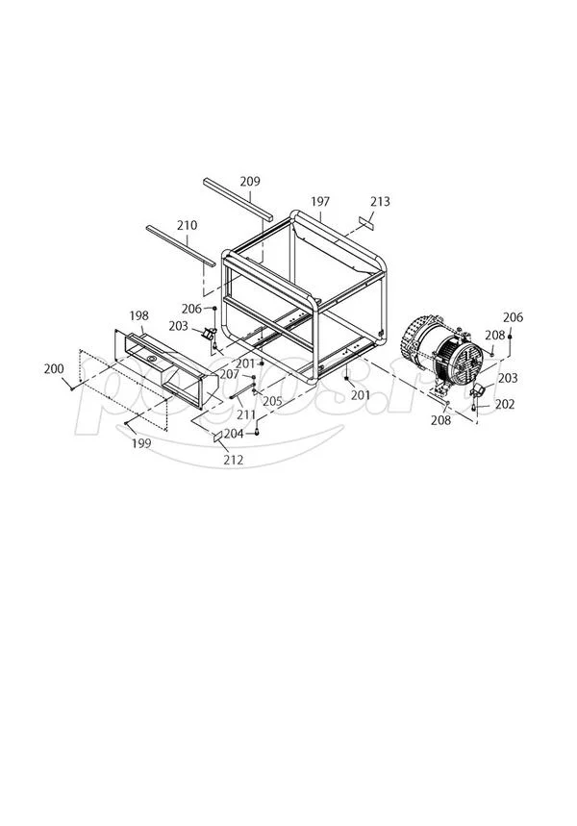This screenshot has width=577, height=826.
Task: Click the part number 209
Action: tap(250, 181)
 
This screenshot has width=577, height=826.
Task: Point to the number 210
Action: tap(187, 225)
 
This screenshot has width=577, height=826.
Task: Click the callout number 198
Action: tap(138, 315)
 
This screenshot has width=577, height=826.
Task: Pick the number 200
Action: tap(54, 369)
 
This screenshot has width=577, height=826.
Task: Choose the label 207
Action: tap(229, 374)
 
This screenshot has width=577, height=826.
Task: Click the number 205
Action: tap(272, 401)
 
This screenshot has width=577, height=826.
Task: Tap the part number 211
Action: tap(246, 414)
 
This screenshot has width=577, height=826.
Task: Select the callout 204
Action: tap(234, 433)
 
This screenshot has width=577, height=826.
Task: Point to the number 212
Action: tap(232, 460)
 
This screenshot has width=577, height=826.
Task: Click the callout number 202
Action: tap(506, 405)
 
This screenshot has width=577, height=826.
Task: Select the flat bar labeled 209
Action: tap(238, 198)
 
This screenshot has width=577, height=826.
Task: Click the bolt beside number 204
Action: tap(258, 433)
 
